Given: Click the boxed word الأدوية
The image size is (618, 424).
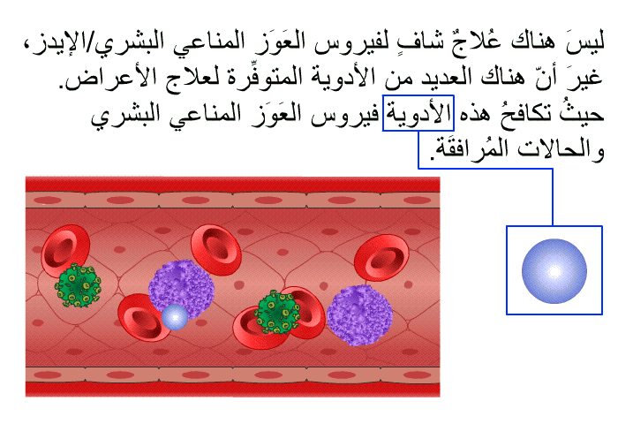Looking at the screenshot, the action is [x=418, y=113].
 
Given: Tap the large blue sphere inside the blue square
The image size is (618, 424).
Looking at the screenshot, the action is [x=554, y=271].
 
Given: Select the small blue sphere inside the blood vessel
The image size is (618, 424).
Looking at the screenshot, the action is [x=175, y=317].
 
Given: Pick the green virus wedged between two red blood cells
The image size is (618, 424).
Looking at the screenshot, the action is [x=278, y=312].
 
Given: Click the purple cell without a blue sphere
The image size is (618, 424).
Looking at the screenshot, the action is [x=359, y=315].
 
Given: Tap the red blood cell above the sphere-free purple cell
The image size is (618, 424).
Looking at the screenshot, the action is [x=381, y=258].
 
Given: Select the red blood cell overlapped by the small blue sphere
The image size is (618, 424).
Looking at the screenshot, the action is [x=143, y=317].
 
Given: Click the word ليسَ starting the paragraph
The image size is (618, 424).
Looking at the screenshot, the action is [x=584, y=41].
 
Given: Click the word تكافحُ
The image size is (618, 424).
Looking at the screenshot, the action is [x=524, y=113].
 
